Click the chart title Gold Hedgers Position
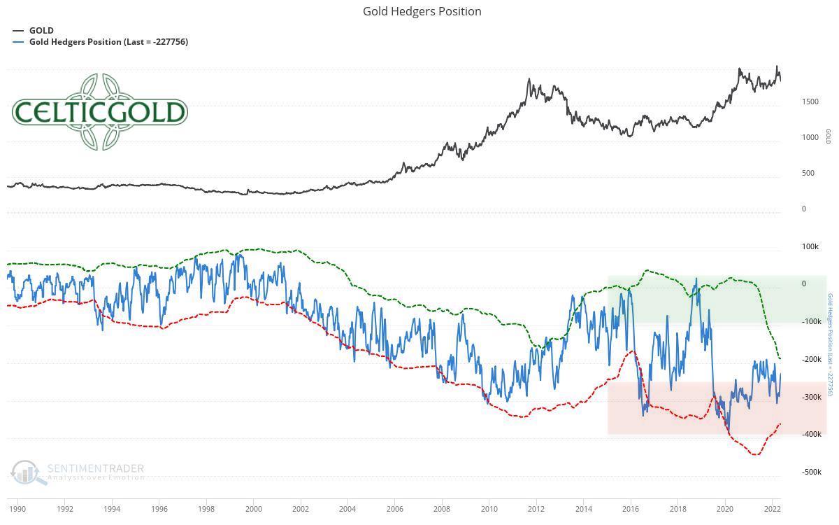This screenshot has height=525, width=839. point(422,11)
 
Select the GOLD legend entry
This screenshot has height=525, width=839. point(41,31)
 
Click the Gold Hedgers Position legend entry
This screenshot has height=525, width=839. point(108,42)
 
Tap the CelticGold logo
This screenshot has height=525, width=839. point(99,112)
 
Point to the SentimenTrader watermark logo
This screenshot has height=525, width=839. point(78,472)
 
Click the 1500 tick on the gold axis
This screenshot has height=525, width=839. point(810,102)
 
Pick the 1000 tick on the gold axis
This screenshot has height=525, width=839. point(810,138)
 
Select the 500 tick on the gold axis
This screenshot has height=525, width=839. point(808,174)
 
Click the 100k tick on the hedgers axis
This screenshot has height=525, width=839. point(810,246)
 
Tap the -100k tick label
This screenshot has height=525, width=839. point(812,322)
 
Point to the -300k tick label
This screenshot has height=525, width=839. point(812,397)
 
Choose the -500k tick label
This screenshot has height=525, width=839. point(812,472)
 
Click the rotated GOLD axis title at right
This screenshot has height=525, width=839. point(829,136)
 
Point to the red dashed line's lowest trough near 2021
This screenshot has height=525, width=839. point(755,455)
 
